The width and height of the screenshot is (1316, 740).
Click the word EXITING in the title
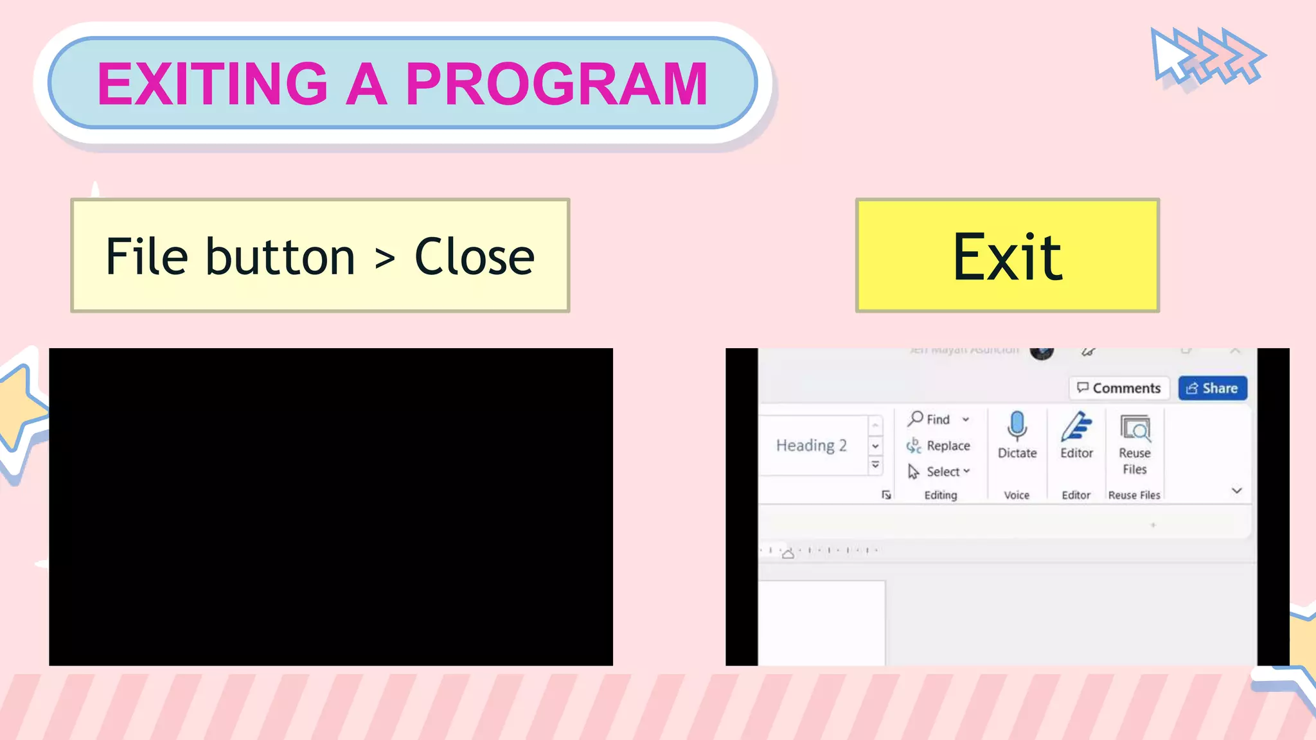(x=213, y=84)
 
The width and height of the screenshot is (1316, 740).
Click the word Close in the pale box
(x=474, y=257)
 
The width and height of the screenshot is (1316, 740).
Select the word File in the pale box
(x=147, y=257)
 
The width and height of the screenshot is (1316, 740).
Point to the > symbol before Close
(x=384, y=259)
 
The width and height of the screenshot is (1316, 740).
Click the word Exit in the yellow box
(x=1007, y=258)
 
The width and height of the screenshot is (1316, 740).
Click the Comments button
(x=1119, y=388)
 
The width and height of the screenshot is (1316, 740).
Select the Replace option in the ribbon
(x=948, y=446)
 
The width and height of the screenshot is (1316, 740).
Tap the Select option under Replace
(x=943, y=471)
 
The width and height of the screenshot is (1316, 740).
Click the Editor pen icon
(x=1076, y=427)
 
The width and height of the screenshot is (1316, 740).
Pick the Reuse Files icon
(x=1135, y=428)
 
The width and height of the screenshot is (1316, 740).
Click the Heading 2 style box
(x=812, y=445)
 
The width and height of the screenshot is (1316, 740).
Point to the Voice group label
(x=1017, y=495)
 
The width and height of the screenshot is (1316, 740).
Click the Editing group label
(x=941, y=495)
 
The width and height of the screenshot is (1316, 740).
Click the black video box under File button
(x=331, y=507)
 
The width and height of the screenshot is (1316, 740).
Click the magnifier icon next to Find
(x=915, y=419)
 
